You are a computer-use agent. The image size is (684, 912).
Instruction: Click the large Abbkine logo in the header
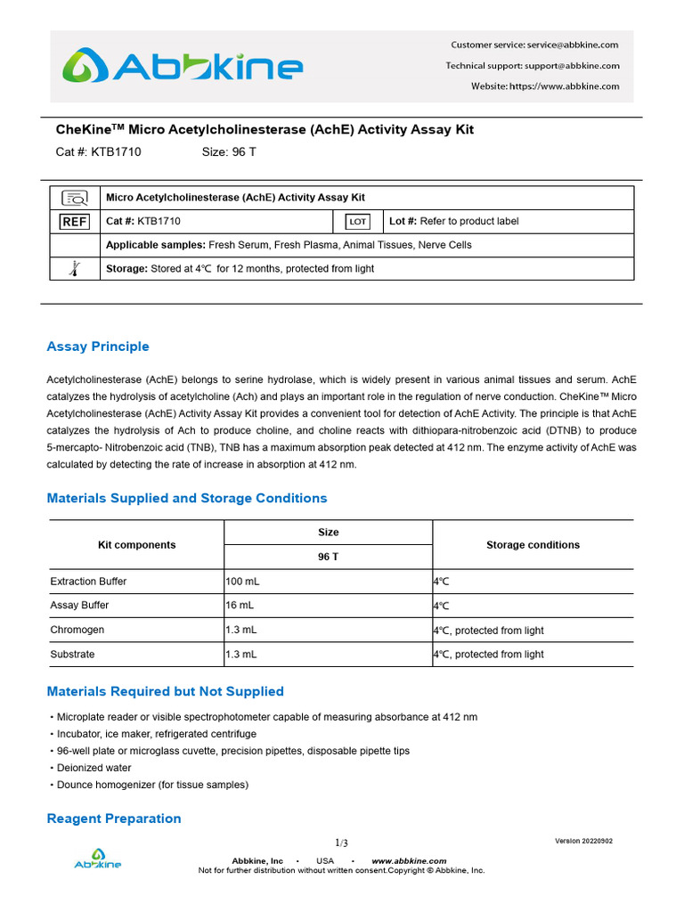coord(182,67)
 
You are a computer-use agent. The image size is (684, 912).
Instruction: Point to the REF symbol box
coord(75,221)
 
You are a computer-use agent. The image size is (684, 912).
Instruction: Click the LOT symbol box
coord(357,221)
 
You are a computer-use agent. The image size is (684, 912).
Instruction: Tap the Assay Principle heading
coord(98,346)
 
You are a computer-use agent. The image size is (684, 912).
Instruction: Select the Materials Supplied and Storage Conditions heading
coord(187,498)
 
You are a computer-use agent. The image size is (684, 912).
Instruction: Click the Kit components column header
coord(136,545)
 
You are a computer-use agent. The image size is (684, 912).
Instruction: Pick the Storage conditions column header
coord(533,545)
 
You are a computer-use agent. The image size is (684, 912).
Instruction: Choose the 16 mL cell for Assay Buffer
coord(238,606)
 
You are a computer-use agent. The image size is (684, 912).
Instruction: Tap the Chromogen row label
coord(77,630)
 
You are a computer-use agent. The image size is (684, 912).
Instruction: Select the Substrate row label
coord(72,654)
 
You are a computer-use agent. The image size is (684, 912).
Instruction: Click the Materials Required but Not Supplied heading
coord(165,691)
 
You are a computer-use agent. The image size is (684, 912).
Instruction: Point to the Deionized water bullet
coord(94,768)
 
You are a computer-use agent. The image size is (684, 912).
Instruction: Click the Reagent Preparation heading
coord(113,818)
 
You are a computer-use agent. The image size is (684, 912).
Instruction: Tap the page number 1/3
coord(342,843)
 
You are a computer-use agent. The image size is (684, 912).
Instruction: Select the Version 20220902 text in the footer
coord(583,841)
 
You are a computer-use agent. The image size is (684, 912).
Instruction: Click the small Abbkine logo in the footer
coord(97,860)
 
